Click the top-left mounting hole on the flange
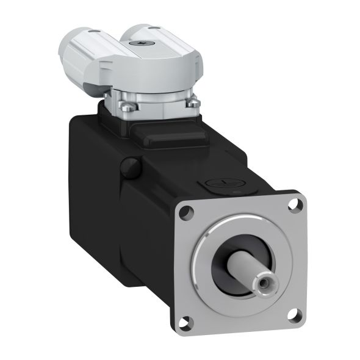click(185, 214)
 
